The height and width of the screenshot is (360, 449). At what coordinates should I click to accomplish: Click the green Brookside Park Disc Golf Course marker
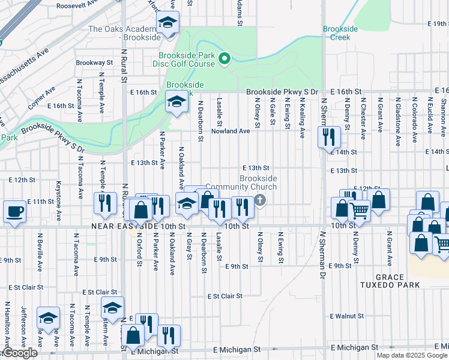[224, 58]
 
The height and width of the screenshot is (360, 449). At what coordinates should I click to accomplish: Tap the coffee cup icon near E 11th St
[14, 211]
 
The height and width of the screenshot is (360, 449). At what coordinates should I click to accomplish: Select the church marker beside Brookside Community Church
[260, 200]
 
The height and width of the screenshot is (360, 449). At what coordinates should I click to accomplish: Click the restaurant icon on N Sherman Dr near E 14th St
[328, 137]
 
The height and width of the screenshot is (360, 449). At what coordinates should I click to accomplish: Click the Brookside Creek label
[340, 33]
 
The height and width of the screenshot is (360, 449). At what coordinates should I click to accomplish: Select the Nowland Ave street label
[229, 131]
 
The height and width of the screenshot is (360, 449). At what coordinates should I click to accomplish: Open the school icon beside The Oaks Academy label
[167, 24]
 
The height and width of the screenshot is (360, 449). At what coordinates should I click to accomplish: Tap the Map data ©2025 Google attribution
[412, 355]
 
